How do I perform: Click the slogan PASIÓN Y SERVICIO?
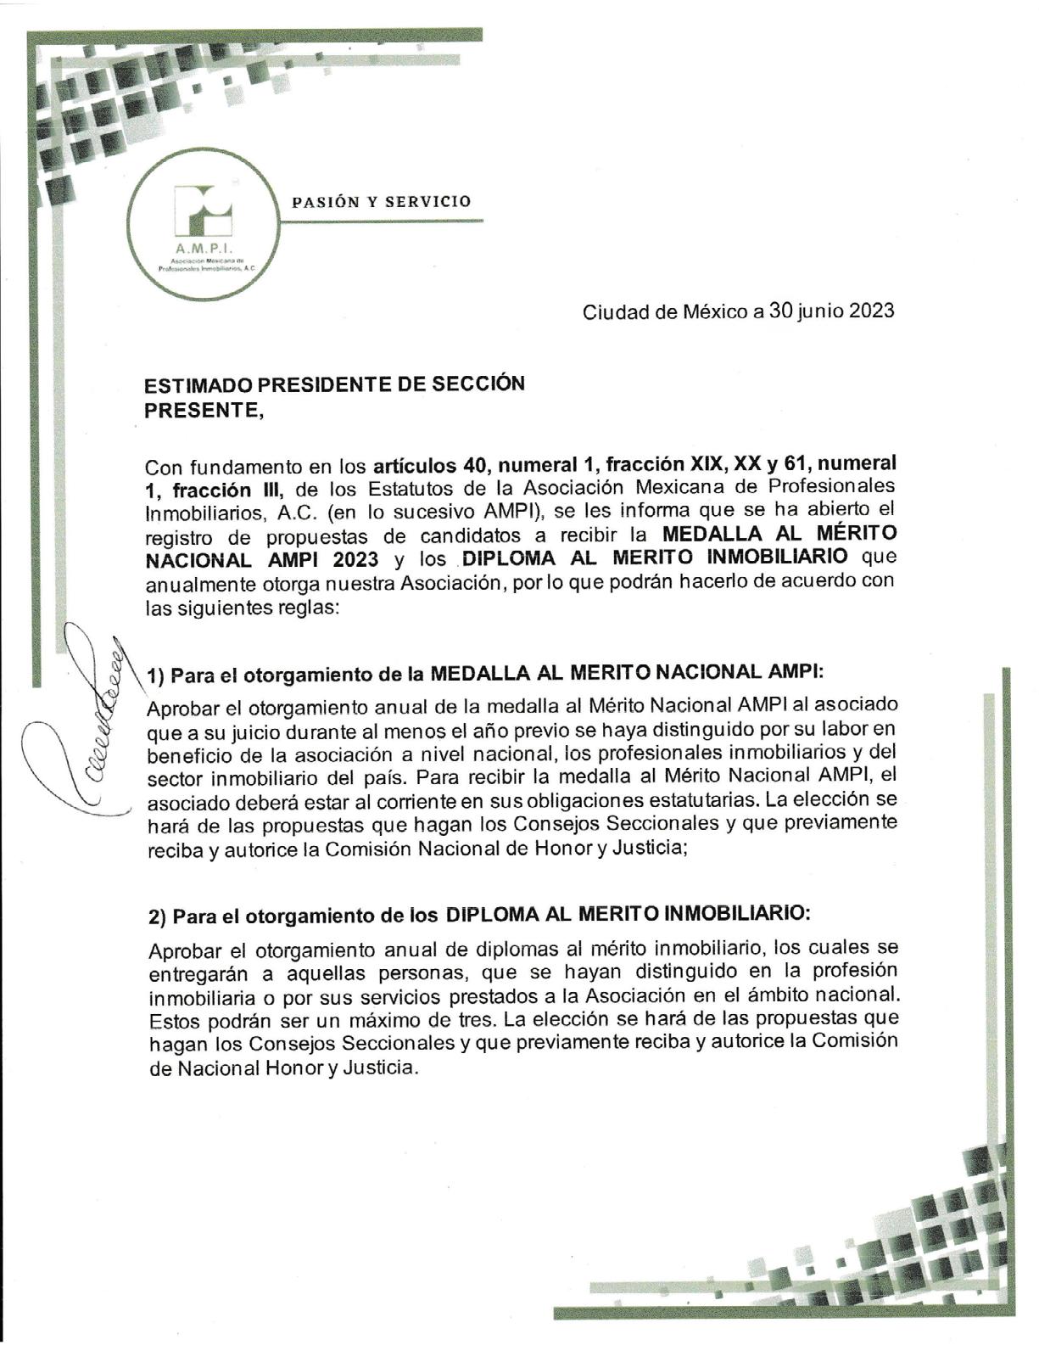coord(381,202)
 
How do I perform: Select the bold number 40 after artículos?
coord(476,466)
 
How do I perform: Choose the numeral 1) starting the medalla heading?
coord(155,676)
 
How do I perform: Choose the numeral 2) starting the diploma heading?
coord(157,916)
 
